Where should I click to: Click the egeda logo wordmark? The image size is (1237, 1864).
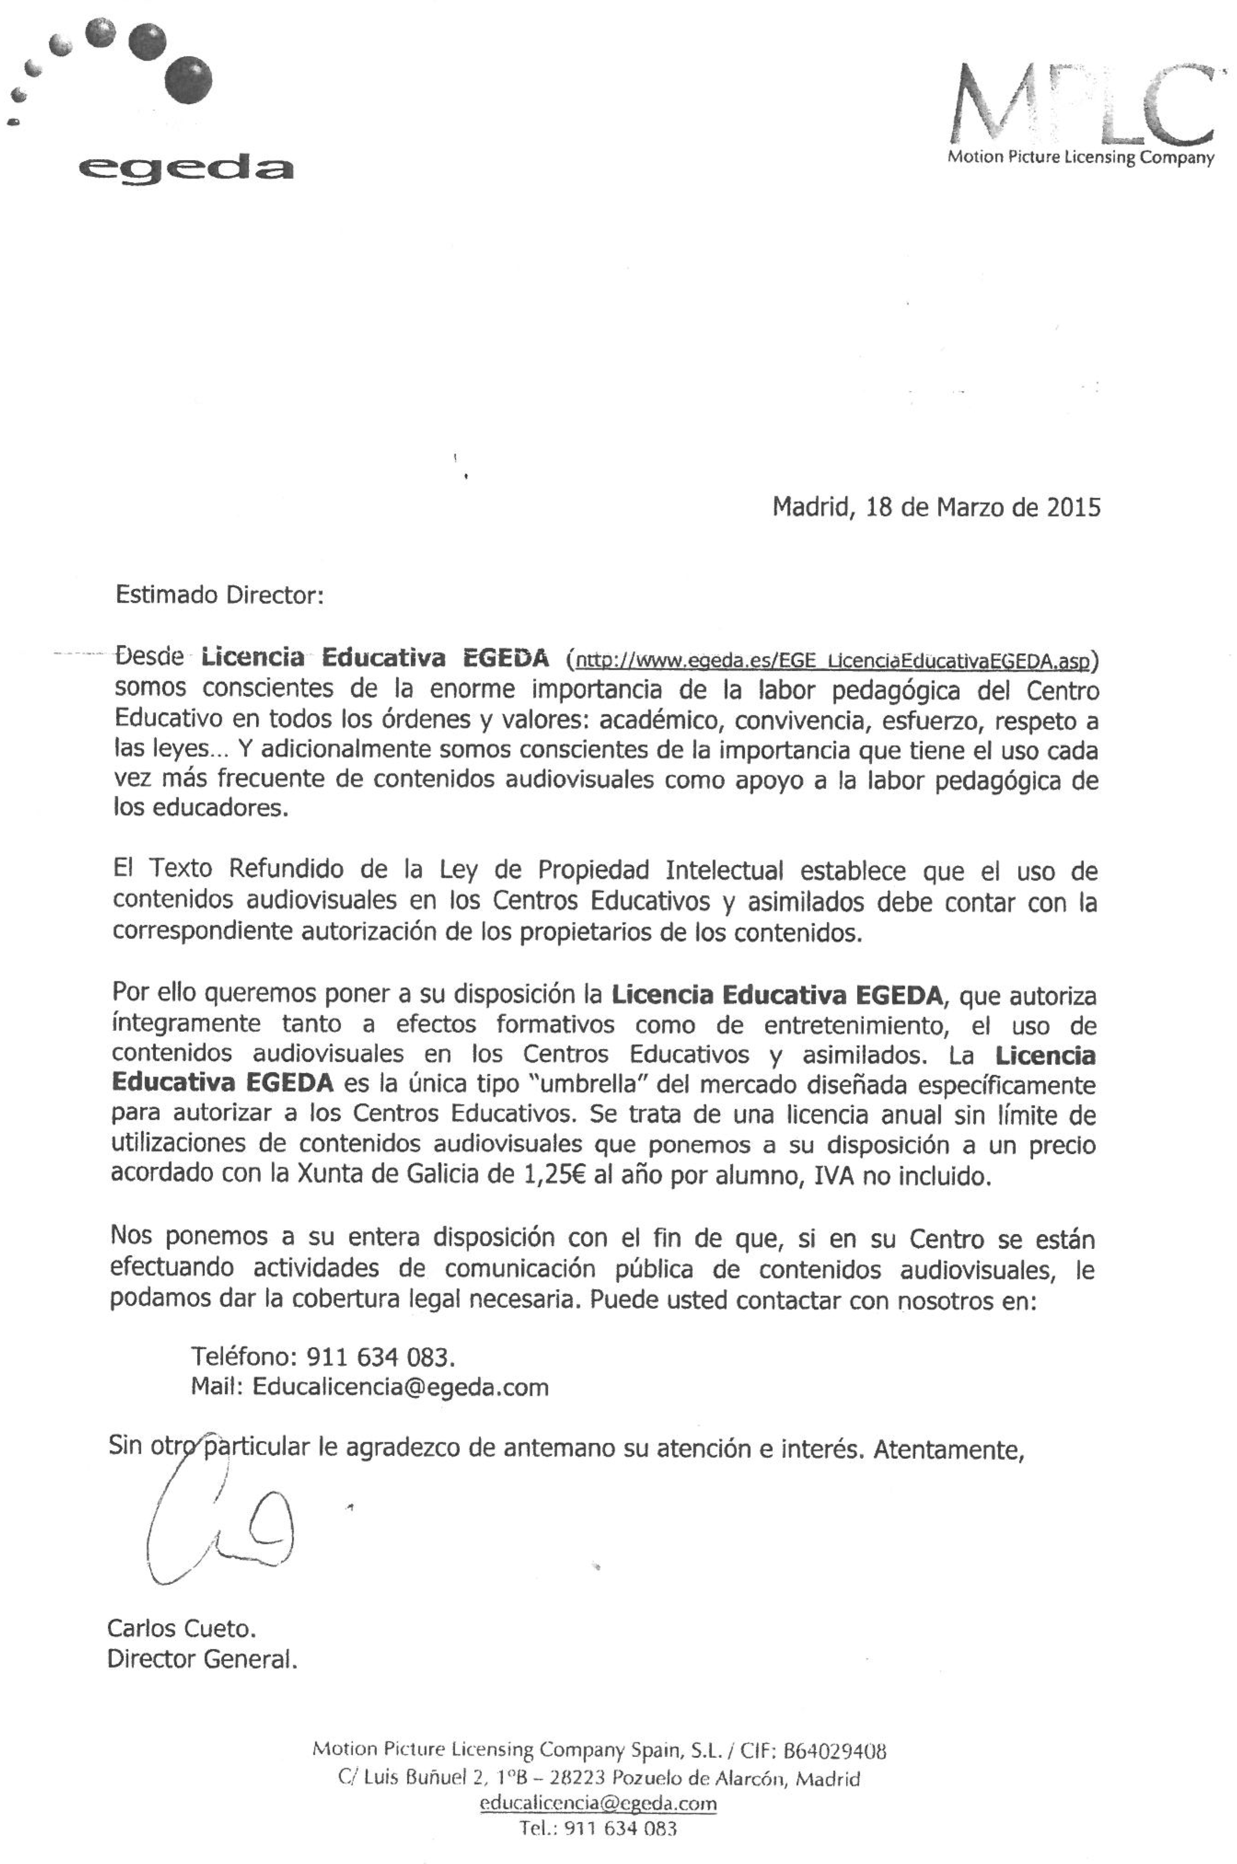tap(185, 167)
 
